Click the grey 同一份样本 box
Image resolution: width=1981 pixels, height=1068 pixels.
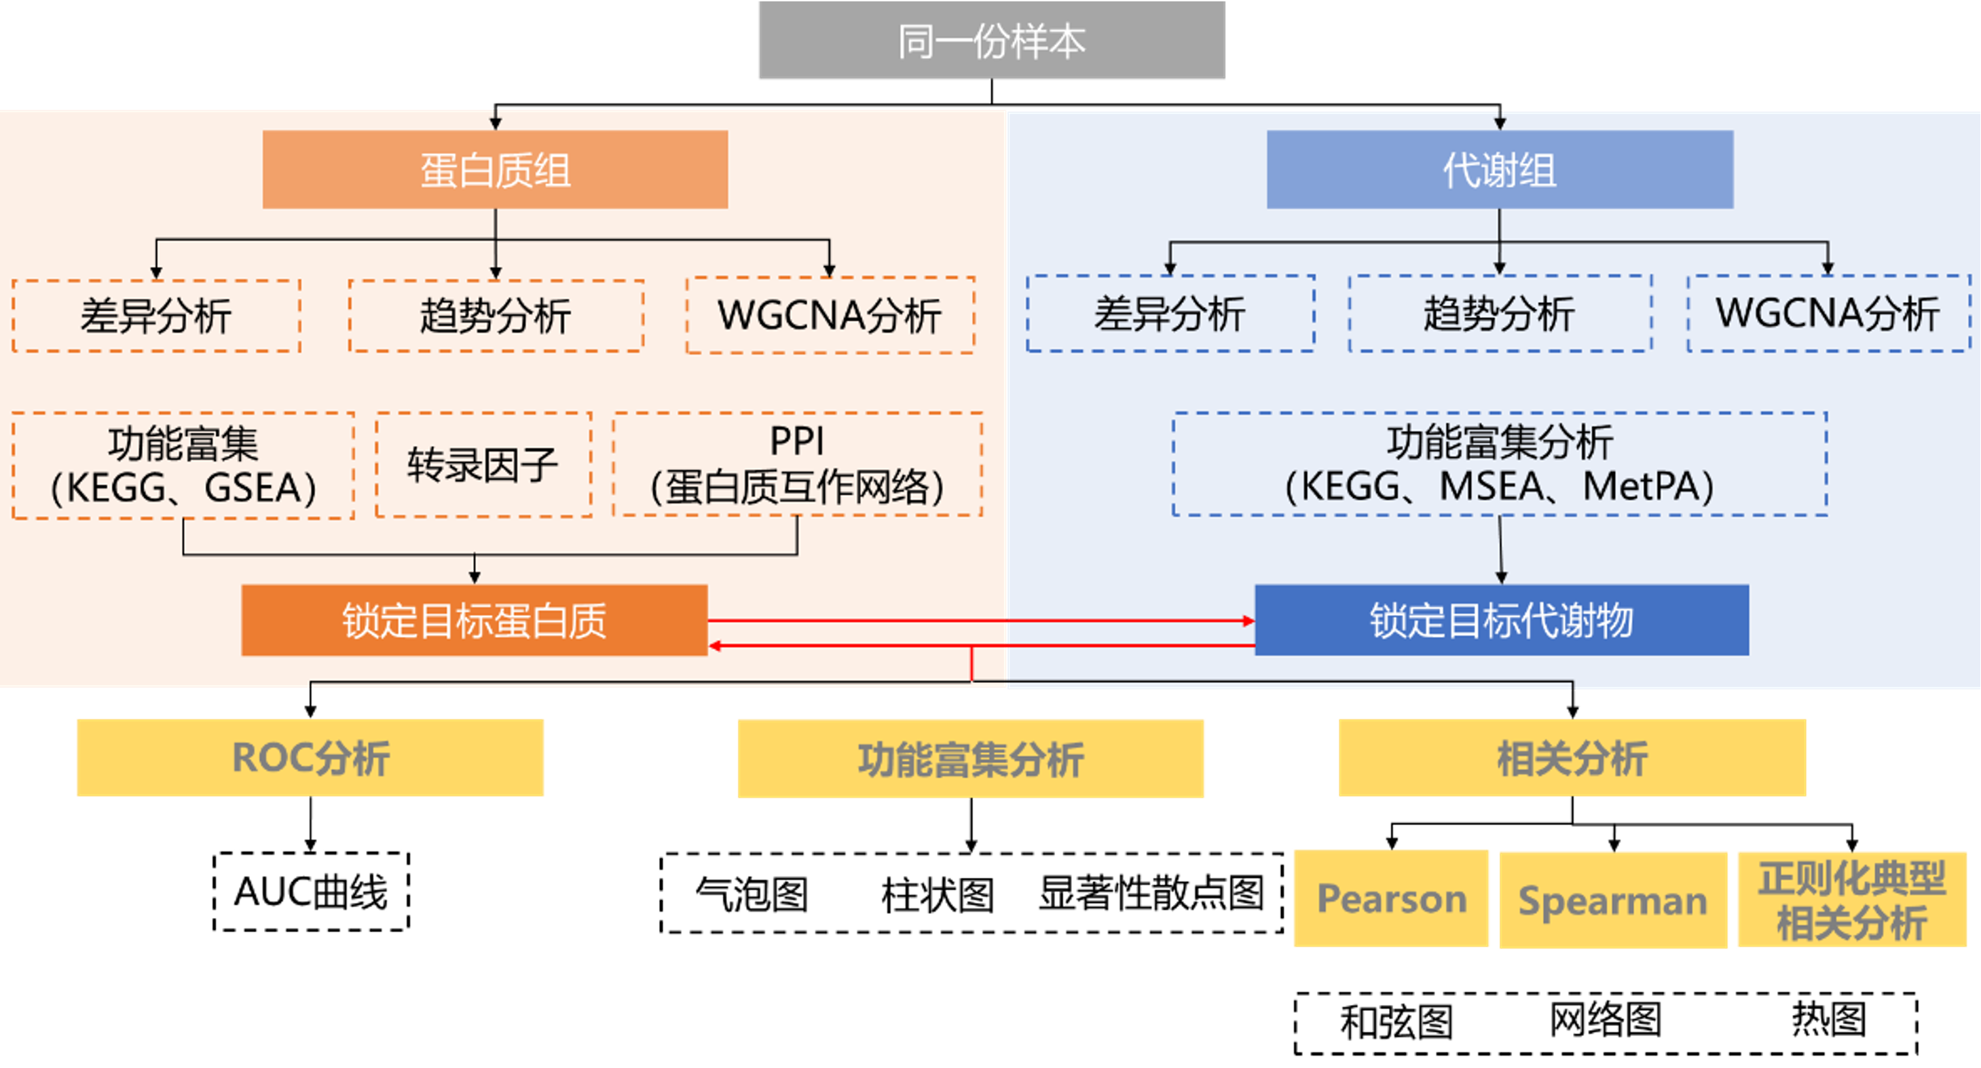pyautogui.click(x=990, y=41)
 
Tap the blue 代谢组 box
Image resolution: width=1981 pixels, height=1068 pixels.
pyautogui.click(x=1500, y=169)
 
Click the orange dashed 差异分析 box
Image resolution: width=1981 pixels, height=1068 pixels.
pyautogui.click(x=156, y=315)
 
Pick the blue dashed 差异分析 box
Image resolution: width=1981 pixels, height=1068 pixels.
pyautogui.click(x=1170, y=313)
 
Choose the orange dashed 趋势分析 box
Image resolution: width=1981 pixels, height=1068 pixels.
pyautogui.click(x=496, y=315)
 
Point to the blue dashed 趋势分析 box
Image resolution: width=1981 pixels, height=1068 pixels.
pyautogui.click(x=1500, y=313)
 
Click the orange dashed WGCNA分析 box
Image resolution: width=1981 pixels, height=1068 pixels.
pyautogui.click(x=830, y=315)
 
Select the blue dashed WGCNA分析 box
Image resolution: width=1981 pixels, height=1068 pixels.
pyautogui.click(x=1828, y=313)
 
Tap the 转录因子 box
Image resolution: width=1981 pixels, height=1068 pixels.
pyautogui.click(x=483, y=464)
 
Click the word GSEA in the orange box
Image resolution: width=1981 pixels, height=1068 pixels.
pyautogui.click(x=254, y=487)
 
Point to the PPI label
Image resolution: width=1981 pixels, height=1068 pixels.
pyautogui.click(x=797, y=441)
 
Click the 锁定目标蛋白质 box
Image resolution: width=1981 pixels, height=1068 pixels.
pyautogui.click(x=474, y=621)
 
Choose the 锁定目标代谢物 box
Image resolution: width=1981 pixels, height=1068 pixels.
pyautogui.click(x=1501, y=621)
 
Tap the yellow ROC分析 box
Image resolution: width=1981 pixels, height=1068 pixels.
pyautogui.click(x=310, y=757)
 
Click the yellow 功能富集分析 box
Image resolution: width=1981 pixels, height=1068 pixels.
pyautogui.click(x=971, y=758)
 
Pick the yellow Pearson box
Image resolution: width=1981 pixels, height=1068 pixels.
pyautogui.click(x=1391, y=898)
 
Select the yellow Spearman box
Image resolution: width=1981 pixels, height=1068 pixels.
pyautogui.click(x=1612, y=900)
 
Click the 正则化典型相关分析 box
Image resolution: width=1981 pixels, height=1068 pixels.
pyautogui.click(x=1851, y=900)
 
